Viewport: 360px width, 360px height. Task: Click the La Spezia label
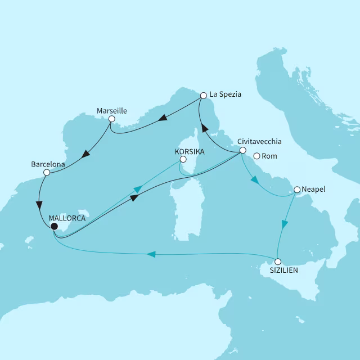click(x=225, y=94)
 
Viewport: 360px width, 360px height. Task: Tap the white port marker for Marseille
click(x=112, y=119)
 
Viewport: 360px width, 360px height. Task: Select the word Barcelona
click(x=48, y=164)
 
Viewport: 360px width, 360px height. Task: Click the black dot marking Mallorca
click(x=54, y=227)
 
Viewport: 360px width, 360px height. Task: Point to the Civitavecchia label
click(x=259, y=142)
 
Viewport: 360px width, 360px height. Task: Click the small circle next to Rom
click(x=256, y=156)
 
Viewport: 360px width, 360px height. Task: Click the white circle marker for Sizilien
click(x=277, y=262)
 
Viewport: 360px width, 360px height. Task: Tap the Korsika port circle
click(x=182, y=160)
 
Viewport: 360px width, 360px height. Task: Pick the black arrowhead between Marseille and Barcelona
click(x=87, y=153)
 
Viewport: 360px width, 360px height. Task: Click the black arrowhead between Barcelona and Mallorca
click(x=39, y=205)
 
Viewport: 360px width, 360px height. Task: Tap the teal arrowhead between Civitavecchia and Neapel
click(x=254, y=180)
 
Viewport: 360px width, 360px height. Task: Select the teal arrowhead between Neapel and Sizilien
click(x=285, y=224)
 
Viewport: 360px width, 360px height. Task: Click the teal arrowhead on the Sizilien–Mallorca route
click(x=151, y=255)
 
